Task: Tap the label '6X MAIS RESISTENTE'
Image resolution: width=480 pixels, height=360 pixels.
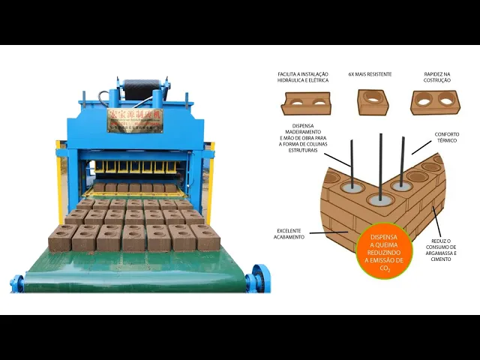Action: pos(367,75)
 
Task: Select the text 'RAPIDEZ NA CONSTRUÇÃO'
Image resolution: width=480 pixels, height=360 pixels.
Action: pos(438,78)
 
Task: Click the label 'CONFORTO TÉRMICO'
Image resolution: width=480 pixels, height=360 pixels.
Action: pos(447,138)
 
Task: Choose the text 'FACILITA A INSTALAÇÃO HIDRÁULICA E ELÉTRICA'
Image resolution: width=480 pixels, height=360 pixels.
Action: pos(303,78)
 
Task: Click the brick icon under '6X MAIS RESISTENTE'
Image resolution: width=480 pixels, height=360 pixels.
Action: pos(373,101)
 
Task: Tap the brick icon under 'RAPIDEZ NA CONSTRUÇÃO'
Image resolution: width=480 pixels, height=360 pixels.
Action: pos(435,102)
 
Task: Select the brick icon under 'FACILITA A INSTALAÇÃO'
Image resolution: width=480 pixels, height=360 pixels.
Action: pos(305,103)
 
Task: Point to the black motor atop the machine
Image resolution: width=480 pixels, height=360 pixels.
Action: pos(142,91)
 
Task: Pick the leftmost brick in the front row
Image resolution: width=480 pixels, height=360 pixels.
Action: pos(60,238)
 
